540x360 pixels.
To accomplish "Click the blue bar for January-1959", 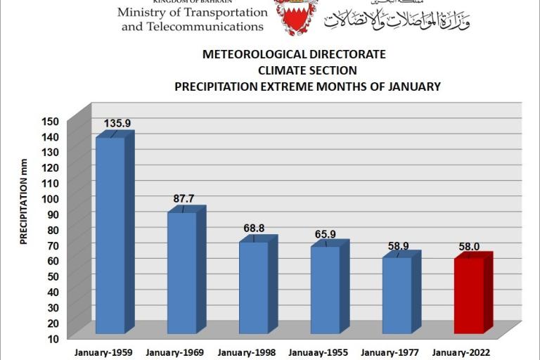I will point(110,235).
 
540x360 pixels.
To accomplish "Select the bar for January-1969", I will point(182,272).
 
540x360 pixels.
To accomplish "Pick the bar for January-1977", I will point(397,295).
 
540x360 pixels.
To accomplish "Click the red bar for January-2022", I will point(469,295).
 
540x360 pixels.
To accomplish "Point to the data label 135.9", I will point(117,124).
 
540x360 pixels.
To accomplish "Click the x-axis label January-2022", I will point(461,353).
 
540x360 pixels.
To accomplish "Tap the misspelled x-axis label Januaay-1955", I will point(318,353).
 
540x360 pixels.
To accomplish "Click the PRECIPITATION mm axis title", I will point(23,209).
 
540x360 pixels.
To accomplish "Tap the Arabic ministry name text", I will point(397,19).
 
